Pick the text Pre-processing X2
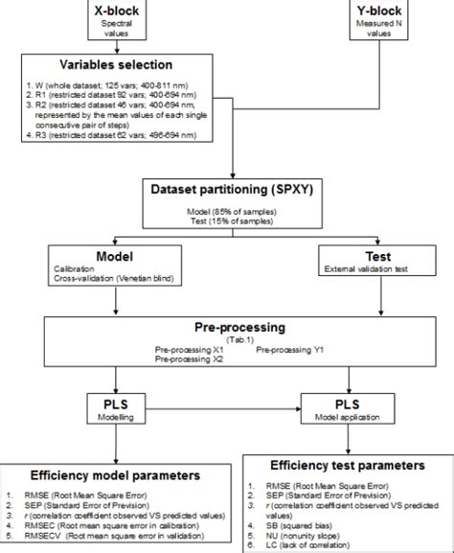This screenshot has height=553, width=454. pos(191,361)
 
